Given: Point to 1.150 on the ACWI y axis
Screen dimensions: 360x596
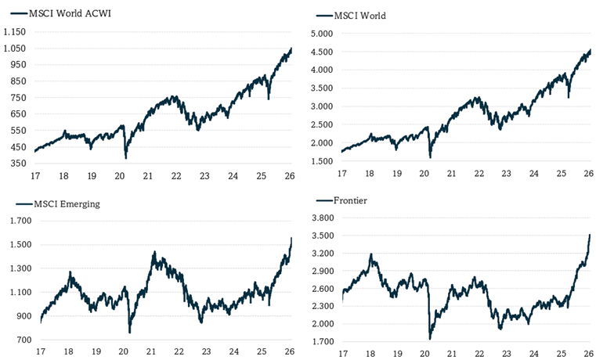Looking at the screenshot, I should tap(15, 32).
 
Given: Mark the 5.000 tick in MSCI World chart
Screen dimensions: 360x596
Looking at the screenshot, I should tap(323, 34).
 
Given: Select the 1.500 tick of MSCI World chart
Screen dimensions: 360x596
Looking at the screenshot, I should tap(323, 161).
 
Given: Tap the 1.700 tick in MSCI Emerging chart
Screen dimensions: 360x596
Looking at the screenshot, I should tap(16, 221).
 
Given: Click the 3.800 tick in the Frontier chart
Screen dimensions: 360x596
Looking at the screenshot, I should tap(323, 218).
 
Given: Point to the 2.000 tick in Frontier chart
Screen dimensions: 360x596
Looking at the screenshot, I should tap(323, 324).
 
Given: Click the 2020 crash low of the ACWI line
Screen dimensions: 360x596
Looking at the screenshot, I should tap(126, 157).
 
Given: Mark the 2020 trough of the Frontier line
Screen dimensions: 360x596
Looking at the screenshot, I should tap(430, 338).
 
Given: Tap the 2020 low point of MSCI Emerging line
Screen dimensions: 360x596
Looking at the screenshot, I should tap(129, 332).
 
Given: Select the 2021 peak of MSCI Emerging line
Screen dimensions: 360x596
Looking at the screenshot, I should tap(154, 252).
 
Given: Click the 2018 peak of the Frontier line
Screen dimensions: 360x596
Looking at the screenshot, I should tap(371, 254).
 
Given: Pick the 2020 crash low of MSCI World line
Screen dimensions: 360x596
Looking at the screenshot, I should tap(430, 157).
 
